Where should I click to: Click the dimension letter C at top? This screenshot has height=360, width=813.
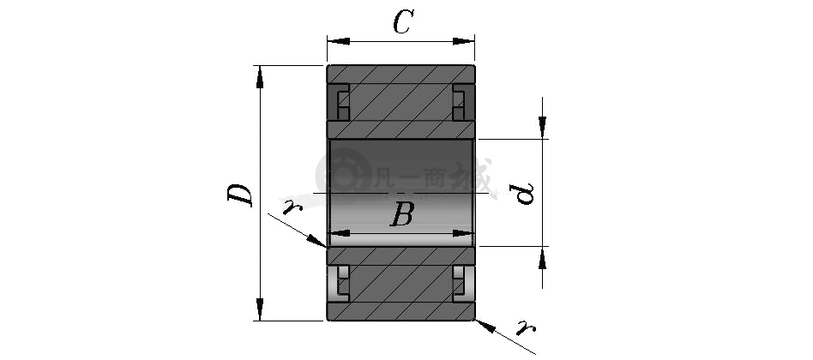(403, 22)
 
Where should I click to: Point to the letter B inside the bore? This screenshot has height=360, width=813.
(402, 214)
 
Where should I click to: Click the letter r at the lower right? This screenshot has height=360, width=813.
(526, 327)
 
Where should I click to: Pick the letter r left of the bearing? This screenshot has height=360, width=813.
(292, 207)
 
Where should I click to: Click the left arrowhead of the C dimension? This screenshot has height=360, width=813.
(338, 41)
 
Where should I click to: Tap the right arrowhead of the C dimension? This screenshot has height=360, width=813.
(464, 41)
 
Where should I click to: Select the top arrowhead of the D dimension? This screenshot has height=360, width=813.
(260, 76)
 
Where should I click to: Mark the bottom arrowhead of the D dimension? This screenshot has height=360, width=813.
(260, 309)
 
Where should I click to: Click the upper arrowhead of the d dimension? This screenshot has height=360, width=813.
(542, 128)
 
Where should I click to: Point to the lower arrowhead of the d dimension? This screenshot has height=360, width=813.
(542, 258)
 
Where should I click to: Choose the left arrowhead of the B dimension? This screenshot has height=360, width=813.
(339, 234)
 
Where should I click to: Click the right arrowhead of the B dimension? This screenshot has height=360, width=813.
(463, 234)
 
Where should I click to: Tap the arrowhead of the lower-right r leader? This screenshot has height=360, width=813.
(485, 326)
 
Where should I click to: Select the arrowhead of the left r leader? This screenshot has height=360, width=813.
(316, 240)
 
